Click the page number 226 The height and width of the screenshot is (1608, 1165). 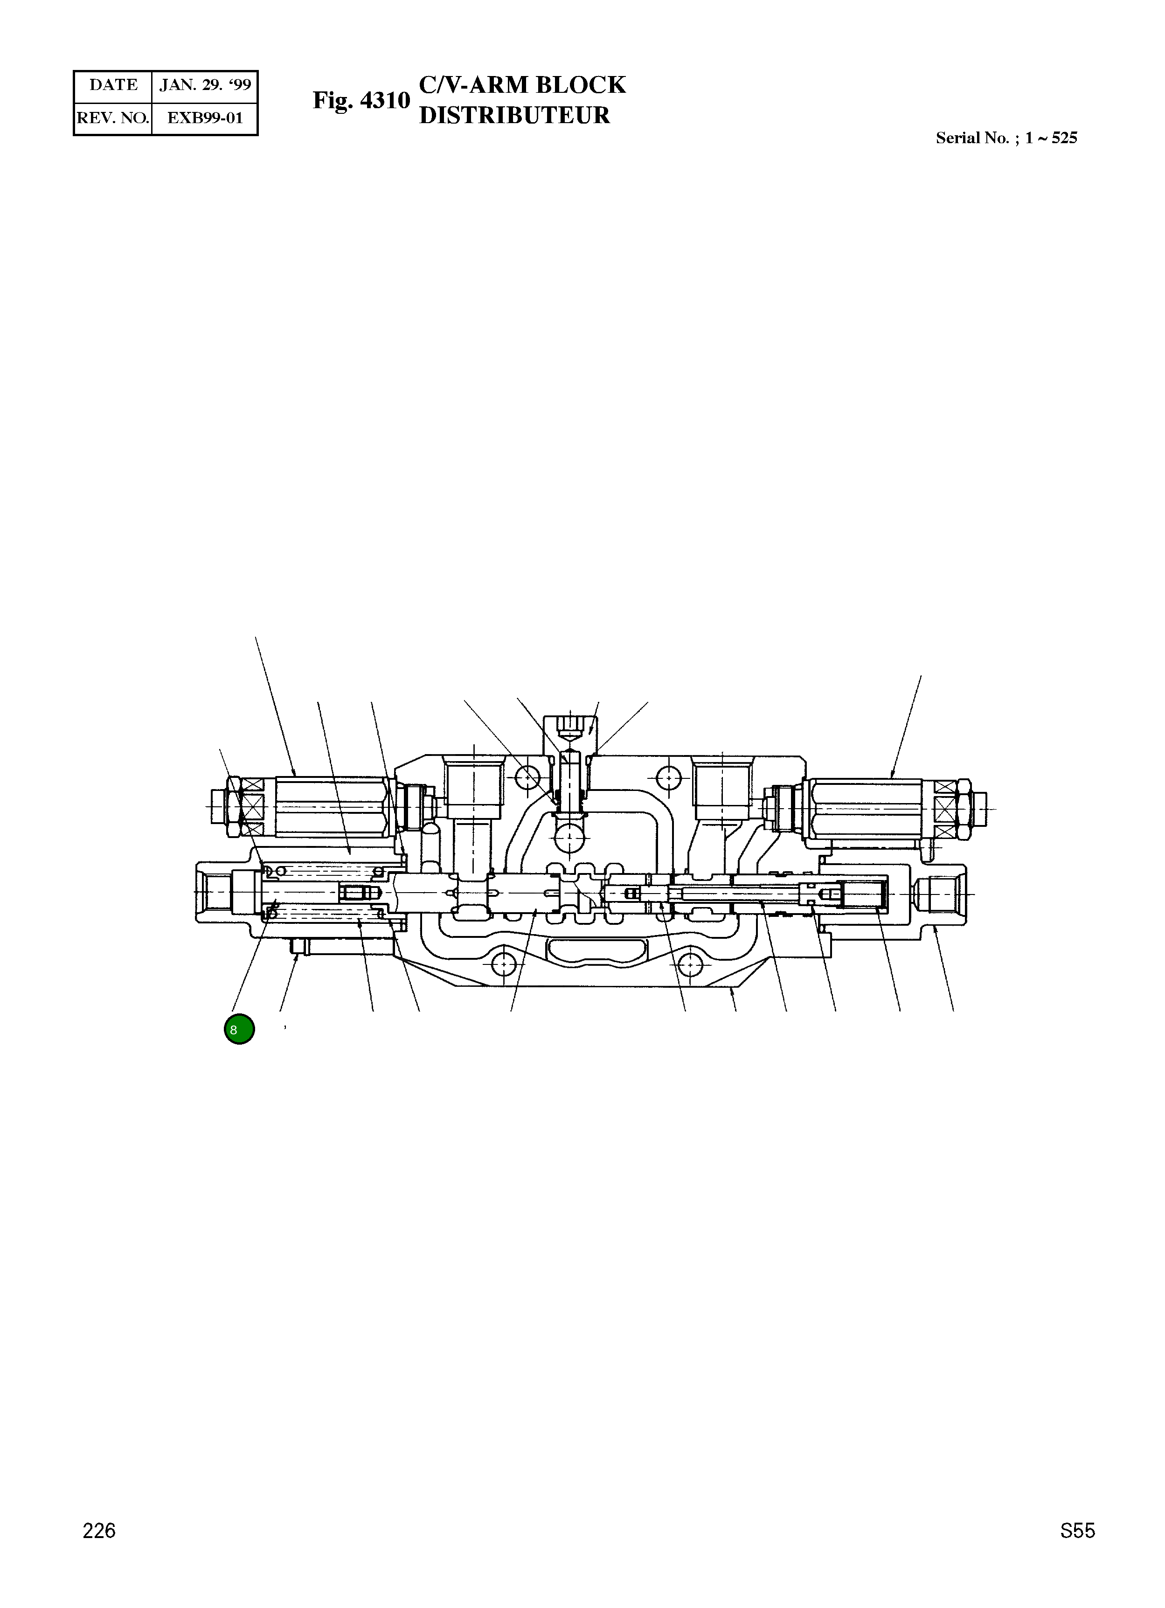99,1551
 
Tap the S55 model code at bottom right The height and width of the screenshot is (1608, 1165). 1077,1551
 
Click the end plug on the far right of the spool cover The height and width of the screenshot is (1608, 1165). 940,894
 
